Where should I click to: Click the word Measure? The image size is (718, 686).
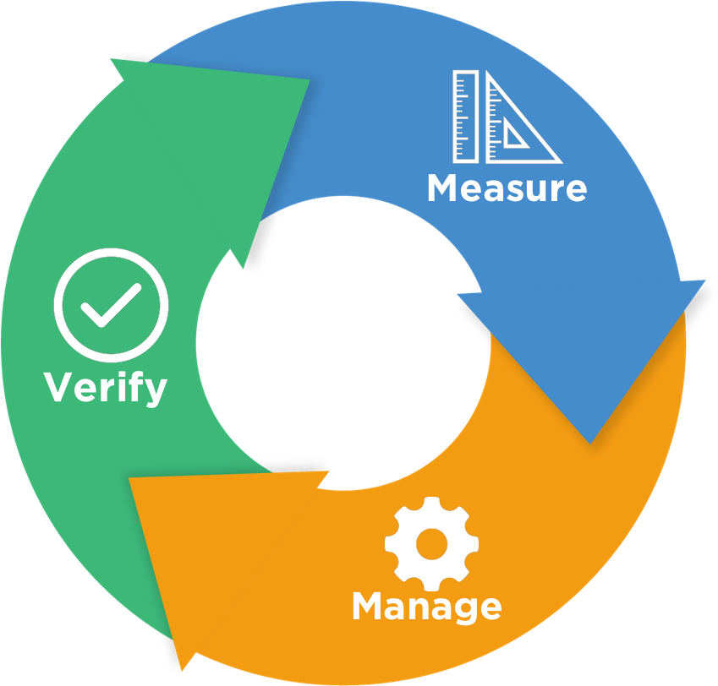(x=507, y=188)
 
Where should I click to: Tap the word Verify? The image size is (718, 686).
(x=106, y=388)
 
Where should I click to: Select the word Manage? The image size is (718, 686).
(x=426, y=607)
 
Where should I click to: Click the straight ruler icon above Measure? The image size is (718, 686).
(x=465, y=117)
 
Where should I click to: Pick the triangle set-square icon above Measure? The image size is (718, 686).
(x=520, y=118)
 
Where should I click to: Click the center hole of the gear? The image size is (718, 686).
(x=431, y=543)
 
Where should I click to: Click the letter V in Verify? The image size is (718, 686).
(x=58, y=388)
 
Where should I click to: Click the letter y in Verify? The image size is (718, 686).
(x=156, y=392)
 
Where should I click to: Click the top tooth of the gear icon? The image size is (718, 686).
(x=431, y=505)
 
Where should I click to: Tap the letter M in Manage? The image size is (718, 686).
(x=369, y=607)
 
